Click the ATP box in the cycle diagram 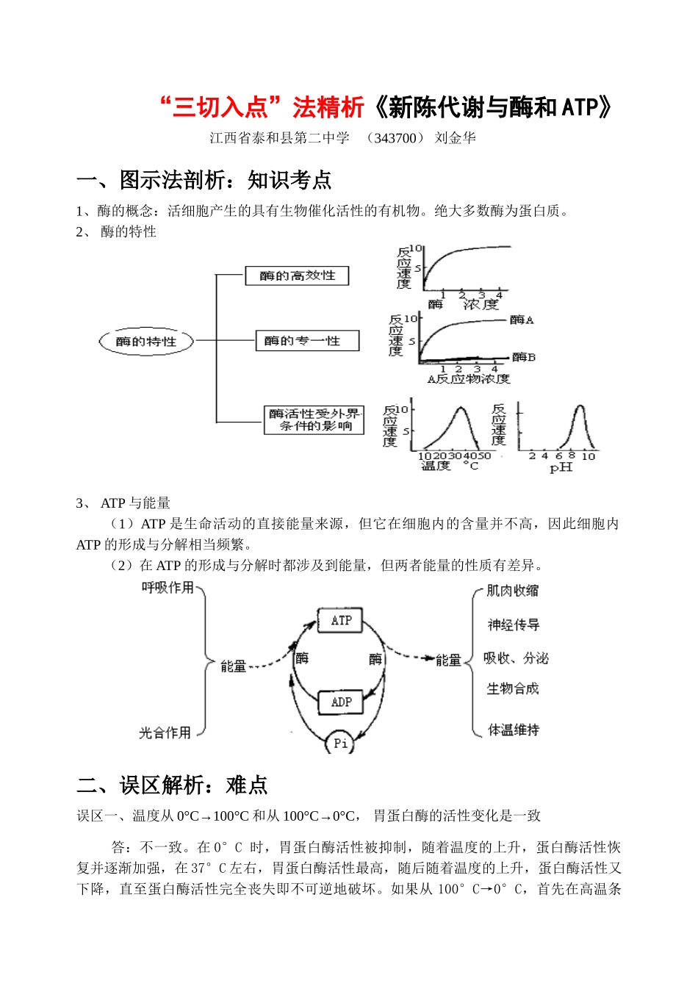[x=341, y=620]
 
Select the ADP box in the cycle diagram [x=341, y=702]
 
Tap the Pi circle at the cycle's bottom [x=340, y=743]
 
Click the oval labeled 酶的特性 [x=146, y=342]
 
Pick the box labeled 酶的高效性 [x=297, y=276]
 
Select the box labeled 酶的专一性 [x=307, y=341]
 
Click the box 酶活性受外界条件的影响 [x=314, y=420]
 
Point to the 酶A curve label [x=522, y=320]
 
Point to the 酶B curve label [x=524, y=357]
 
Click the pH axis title [x=561, y=467]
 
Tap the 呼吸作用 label [x=168, y=588]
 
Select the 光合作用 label [x=165, y=733]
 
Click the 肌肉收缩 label [x=513, y=591]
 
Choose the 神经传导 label [x=514, y=625]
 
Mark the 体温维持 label [x=514, y=730]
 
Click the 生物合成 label [x=513, y=688]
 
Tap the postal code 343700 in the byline [x=395, y=138]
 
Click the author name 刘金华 [x=456, y=138]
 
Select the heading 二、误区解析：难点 [x=172, y=785]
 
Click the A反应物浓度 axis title [x=469, y=379]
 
